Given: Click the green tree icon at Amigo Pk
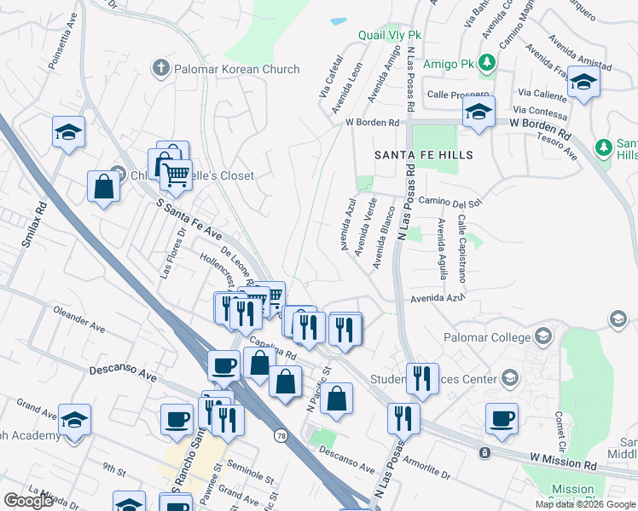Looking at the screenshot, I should [487, 62].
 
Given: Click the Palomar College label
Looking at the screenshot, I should [487, 337].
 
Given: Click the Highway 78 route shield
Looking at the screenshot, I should [281, 435].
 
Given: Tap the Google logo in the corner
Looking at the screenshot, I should [28, 500].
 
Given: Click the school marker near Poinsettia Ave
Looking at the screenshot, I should [68, 132].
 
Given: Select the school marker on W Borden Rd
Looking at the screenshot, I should [478, 112].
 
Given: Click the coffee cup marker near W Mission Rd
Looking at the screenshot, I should [502, 418].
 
